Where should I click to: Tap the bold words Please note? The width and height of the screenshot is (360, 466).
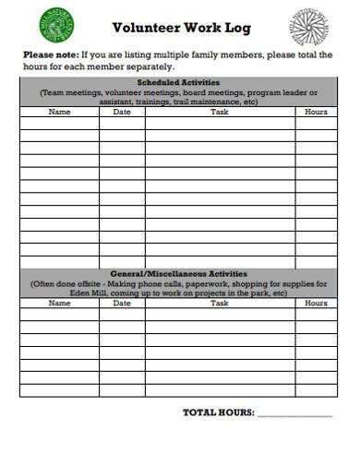(52, 54)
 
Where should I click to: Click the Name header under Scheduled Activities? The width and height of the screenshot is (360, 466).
(59, 112)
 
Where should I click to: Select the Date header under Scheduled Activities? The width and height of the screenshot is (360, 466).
(122, 112)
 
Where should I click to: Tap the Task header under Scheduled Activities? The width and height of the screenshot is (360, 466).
(220, 112)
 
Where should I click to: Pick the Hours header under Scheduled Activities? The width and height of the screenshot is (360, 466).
(316, 112)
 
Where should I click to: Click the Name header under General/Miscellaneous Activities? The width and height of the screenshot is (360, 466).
(59, 303)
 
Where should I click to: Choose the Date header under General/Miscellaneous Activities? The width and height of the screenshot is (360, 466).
(122, 303)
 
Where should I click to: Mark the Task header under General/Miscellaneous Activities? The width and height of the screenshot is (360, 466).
(220, 303)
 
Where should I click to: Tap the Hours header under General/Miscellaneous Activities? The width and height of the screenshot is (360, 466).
(316, 303)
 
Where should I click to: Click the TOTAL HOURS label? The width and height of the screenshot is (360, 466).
(218, 412)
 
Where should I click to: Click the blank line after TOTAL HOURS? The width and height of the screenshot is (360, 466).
(294, 413)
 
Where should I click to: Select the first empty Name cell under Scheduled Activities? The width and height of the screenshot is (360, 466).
(59, 123)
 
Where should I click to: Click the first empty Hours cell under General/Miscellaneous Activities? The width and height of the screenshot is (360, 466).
(316, 314)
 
